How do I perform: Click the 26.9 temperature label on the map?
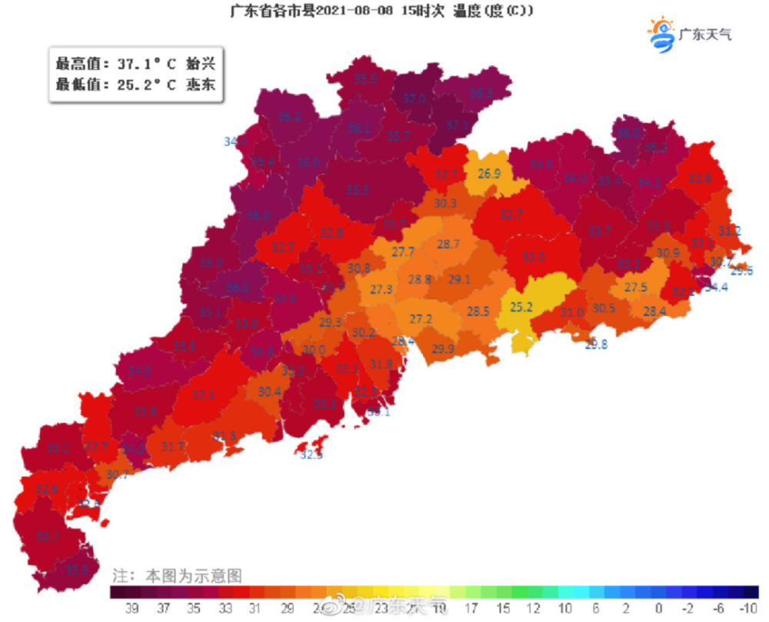click(x=489, y=173)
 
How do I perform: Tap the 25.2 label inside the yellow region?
click(x=521, y=307)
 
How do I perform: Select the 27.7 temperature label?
click(x=403, y=251)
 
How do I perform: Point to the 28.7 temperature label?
click(x=448, y=244)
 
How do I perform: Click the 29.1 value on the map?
click(x=459, y=279)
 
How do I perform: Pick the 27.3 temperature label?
click(x=381, y=289)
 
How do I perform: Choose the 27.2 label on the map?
click(x=420, y=318)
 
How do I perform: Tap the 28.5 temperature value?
click(x=478, y=311)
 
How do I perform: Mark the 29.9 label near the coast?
click(x=442, y=349)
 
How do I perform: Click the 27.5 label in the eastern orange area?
click(x=635, y=287)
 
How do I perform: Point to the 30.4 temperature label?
click(x=269, y=391)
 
